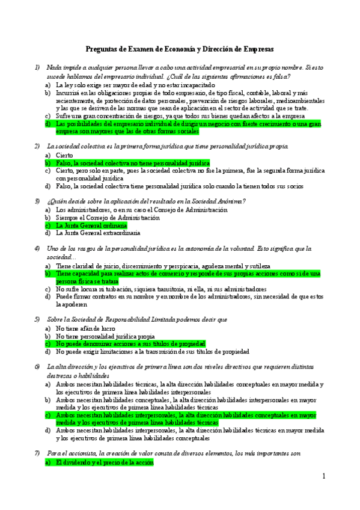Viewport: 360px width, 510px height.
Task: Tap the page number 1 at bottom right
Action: pyautogui.click(x=323, y=476)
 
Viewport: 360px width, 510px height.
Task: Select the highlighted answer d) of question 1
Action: pyautogui.click(x=186, y=127)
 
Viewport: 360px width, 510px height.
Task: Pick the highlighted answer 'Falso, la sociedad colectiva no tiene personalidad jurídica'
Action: pyautogui.click(x=132, y=163)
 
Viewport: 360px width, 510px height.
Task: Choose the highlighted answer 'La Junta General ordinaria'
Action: pyautogui.click(x=91, y=225)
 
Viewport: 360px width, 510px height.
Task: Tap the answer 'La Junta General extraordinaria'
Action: pyautogui.click(x=98, y=233)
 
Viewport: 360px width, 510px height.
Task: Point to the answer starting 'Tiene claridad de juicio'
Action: pyautogui.click(x=162, y=266)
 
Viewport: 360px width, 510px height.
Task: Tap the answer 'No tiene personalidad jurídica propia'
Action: pyautogui.click(x=105, y=336)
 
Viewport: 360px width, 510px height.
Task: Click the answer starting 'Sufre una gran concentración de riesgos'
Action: pyautogui.click(x=180, y=115)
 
